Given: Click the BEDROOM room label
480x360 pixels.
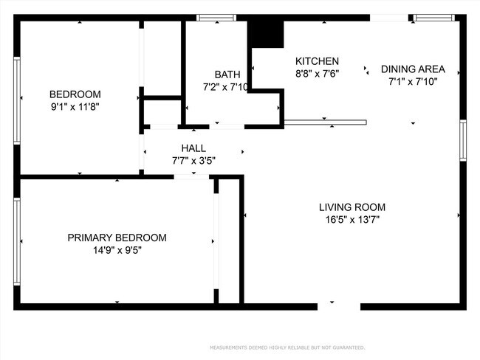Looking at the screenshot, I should coord(75,94).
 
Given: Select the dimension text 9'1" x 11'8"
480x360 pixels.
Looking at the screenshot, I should coord(75,106).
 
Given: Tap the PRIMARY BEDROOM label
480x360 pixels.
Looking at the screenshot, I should coord(117,238).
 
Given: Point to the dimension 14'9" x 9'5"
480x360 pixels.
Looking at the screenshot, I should coord(117,250).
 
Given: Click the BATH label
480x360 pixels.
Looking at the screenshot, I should coord(227,75).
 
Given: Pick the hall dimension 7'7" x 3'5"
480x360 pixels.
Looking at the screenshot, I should coord(193,160).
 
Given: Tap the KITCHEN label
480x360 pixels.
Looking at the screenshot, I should coord(317,61).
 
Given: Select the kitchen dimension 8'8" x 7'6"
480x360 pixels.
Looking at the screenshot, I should coord(317,74).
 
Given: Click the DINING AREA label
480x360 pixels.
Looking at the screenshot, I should coord(413,69).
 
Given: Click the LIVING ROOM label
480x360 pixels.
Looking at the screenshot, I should coord(352,207).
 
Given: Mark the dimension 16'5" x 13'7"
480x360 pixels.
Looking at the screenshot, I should coord(352,219).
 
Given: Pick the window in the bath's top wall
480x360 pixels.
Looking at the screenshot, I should coord(216,18).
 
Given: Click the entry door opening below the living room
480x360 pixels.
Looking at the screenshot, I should coord(339,305).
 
